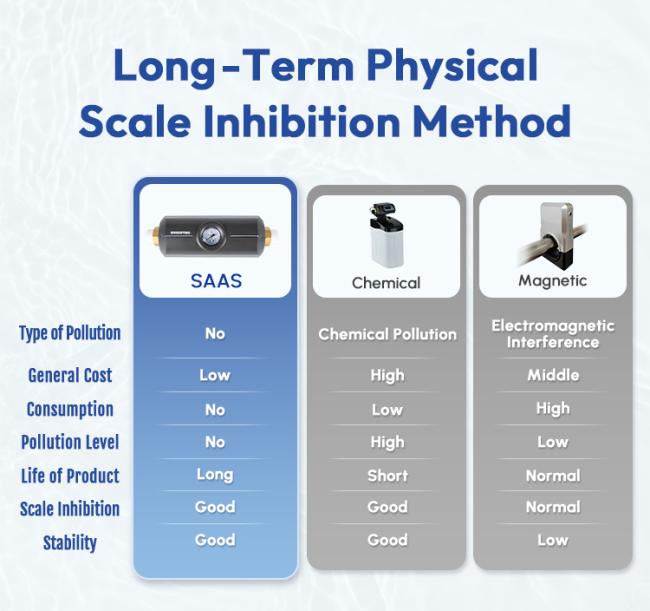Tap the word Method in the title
pyautogui.click(x=492, y=121)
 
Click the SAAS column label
pyautogui.click(x=216, y=281)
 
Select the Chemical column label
pyautogui.click(x=386, y=283)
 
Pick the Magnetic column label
pyautogui.click(x=553, y=281)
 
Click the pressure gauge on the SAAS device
pyautogui.click(x=212, y=236)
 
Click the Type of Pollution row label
pyautogui.click(x=70, y=333)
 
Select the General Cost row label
pyautogui.click(x=70, y=375)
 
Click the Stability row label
pyautogui.click(x=70, y=543)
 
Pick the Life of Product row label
pyautogui.click(x=70, y=476)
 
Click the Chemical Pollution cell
pyautogui.click(x=387, y=334)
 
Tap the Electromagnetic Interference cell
pyautogui.click(x=553, y=334)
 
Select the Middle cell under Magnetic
pyautogui.click(x=553, y=375)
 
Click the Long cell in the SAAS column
pyautogui.click(x=215, y=475)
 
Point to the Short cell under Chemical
pyautogui.click(x=387, y=476)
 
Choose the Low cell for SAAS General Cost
pyautogui.click(x=215, y=375)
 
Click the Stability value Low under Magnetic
pyautogui.click(x=553, y=540)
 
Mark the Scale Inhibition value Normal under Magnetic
pyautogui.click(x=553, y=507)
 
